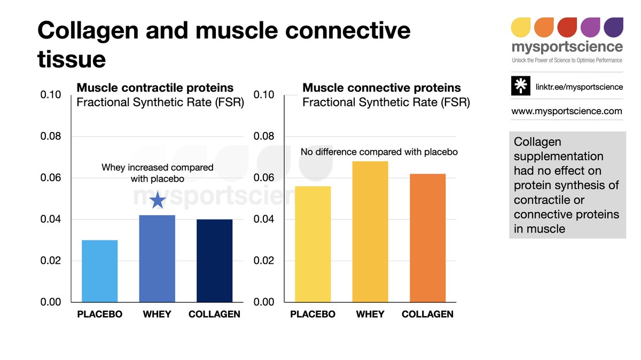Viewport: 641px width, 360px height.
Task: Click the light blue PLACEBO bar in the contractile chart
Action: pyautogui.click(x=99, y=271)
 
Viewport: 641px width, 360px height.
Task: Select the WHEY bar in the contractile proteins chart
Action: pyautogui.click(x=157, y=259)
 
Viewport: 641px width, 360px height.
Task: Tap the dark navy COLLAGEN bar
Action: pyautogui.click(x=215, y=261)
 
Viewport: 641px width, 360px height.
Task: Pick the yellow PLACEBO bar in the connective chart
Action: pyautogui.click(x=312, y=244)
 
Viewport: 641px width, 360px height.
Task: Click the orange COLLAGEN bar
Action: pyautogui.click(x=427, y=238)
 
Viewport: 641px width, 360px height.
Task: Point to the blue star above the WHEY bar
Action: pyautogui.click(x=157, y=201)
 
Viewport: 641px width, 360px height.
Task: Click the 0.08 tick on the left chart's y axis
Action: pyautogui.click(x=51, y=136)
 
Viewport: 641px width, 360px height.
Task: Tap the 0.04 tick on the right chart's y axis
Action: pyautogui.click(x=265, y=220)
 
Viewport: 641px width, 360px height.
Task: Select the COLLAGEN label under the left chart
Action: pyautogui.click(x=214, y=314)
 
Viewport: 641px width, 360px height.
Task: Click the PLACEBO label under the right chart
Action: pyautogui.click(x=312, y=314)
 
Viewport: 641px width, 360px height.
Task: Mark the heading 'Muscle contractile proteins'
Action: pyautogui.click(x=155, y=88)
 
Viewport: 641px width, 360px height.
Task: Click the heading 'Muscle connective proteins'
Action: pyautogui.click(x=381, y=88)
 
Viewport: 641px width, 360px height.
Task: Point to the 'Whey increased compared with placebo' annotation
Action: pyautogui.click(x=157, y=173)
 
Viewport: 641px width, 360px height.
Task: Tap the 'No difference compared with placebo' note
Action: pyautogui.click(x=379, y=152)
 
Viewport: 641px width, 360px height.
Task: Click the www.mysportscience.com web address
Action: pyautogui.click(x=566, y=111)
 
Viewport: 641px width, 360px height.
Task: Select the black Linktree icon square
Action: pyautogui.click(x=520, y=87)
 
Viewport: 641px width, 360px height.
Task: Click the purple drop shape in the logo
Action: pyautogui.click(x=613, y=27)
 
